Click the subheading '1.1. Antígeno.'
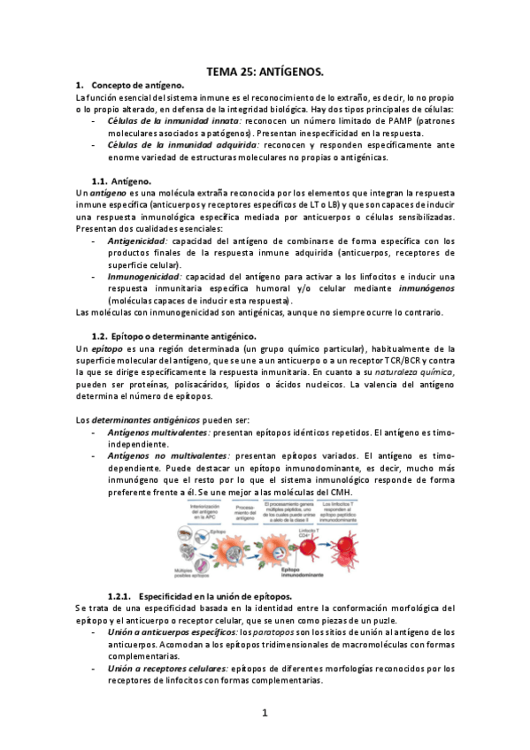tap(134, 180)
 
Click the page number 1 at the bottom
tap(265, 711)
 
